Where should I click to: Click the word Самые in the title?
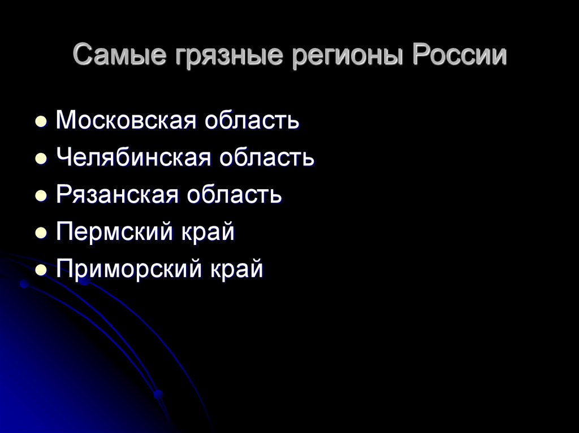coord(110,57)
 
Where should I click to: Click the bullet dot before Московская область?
coord(41,121)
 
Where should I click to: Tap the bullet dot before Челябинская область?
coord(41,159)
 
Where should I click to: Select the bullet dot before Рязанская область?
coord(41,196)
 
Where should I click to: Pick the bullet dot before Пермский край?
coord(41,233)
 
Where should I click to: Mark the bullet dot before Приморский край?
coord(41,270)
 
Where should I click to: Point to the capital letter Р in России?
coord(417,56)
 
